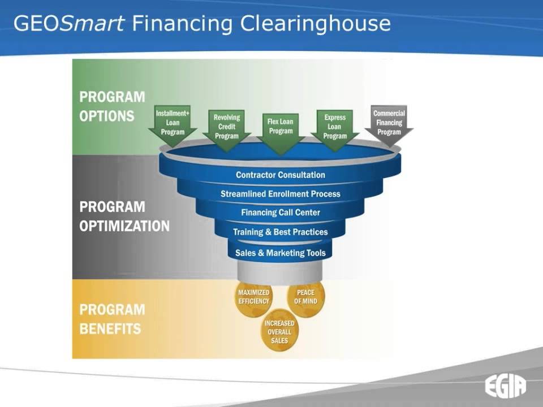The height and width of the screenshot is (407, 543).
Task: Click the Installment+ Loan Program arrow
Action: coord(173,124)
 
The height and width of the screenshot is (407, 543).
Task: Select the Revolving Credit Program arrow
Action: coord(226,128)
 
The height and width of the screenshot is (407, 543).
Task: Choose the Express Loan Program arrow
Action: coord(335,128)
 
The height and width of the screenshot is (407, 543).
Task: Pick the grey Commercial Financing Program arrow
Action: coord(389,124)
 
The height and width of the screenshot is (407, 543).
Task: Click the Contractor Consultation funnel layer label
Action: coord(281,175)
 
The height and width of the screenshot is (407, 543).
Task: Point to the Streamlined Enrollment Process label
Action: coord(281,194)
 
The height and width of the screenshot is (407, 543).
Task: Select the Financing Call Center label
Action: coord(281,213)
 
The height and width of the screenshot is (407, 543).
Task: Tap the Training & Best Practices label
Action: coord(281,232)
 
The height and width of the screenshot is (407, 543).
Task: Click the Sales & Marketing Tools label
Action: coord(281,253)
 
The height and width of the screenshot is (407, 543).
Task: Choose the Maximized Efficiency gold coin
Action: coord(253,297)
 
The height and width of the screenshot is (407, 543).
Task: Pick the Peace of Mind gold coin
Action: coord(306,297)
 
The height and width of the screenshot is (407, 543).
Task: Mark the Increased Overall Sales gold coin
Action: coord(279,332)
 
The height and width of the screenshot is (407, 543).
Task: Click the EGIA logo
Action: coord(505,387)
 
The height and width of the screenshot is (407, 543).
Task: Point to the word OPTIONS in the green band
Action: coord(107,116)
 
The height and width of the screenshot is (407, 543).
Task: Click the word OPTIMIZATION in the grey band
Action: coord(124,226)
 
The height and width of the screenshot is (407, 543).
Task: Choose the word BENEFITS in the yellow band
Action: coord(110,328)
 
